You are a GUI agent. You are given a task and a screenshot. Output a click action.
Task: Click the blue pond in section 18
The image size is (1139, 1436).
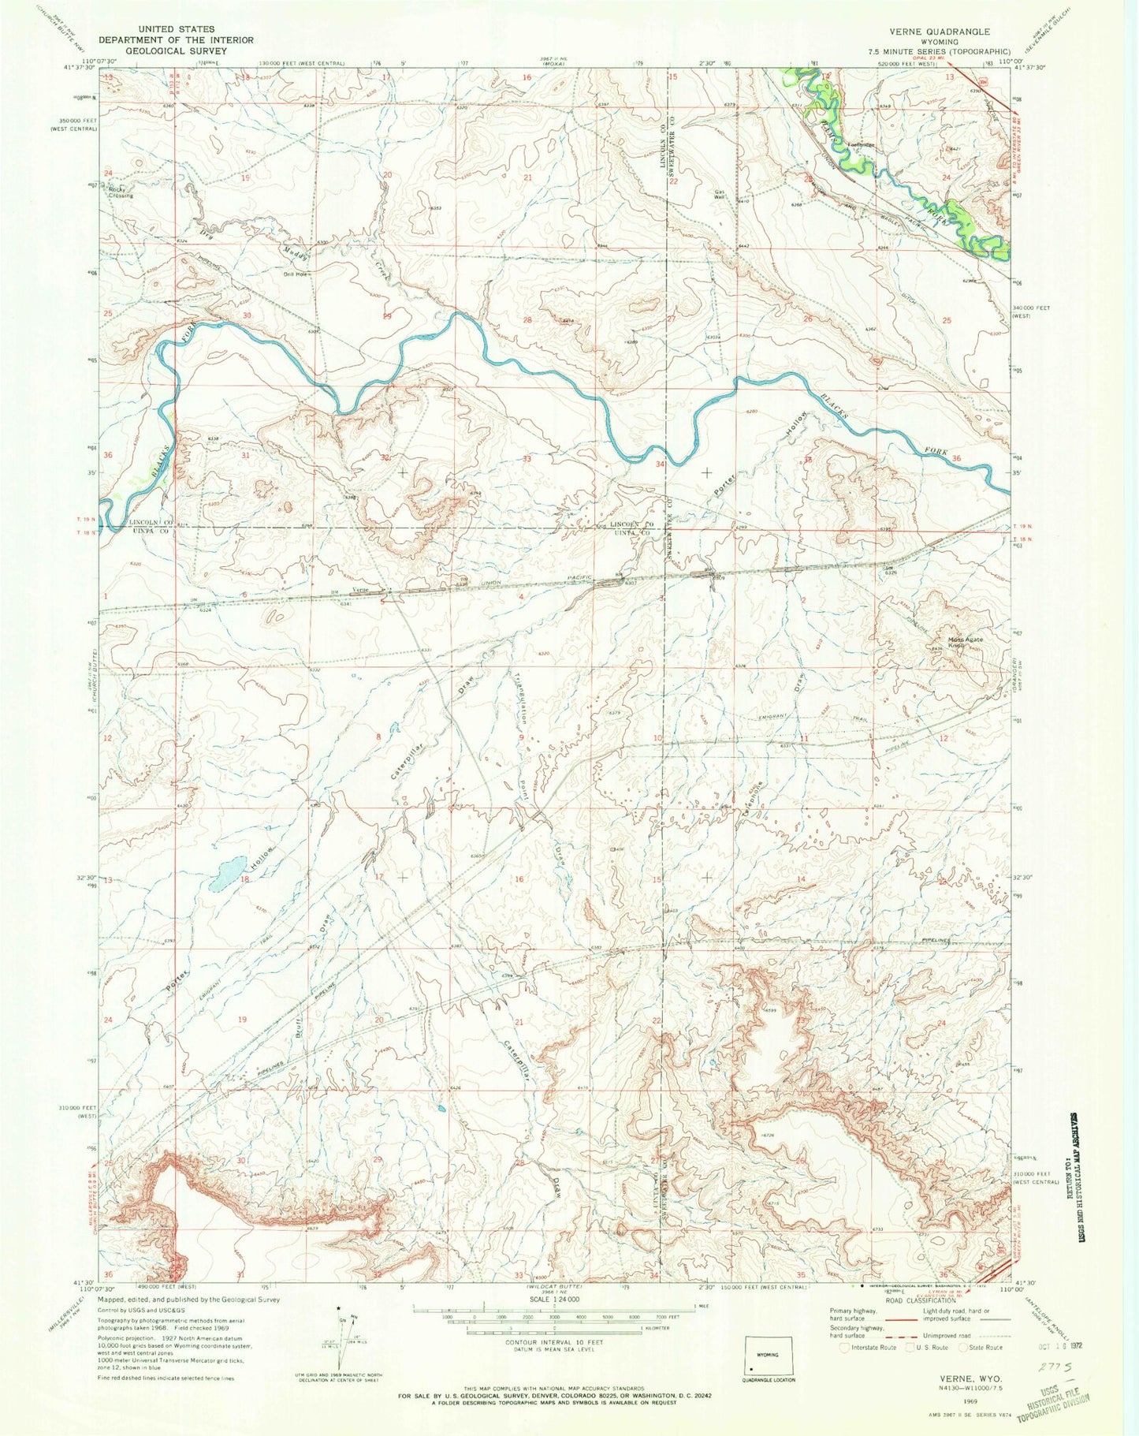225,872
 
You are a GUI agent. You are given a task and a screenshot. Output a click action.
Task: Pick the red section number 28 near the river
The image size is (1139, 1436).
527,319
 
